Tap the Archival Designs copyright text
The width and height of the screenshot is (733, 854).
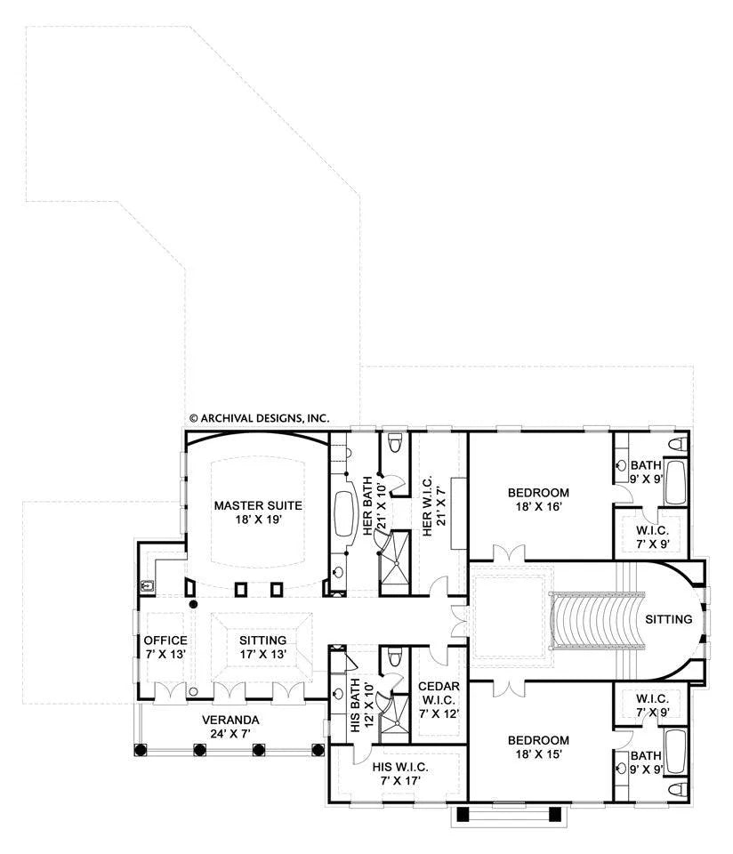click(x=259, y=418)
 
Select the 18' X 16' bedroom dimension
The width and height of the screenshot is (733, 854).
click(x=538, y=506)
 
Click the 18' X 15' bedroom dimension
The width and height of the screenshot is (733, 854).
click(x=538, y=754)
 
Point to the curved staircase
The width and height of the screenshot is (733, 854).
click(x=597, y=620)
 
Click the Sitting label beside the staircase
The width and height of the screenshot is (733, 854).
click(x=669, y=619)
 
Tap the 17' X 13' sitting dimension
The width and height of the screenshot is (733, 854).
click(x=263, y=654)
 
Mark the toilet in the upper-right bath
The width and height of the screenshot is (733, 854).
click(x=678, y=443)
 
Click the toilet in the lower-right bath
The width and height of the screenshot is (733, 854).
click(x=678, y=789)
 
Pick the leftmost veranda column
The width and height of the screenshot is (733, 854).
click(x=141, y=750)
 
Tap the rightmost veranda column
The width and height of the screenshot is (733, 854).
click(x=318, y=750)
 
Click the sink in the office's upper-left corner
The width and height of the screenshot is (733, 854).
click(x=147, y=586)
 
